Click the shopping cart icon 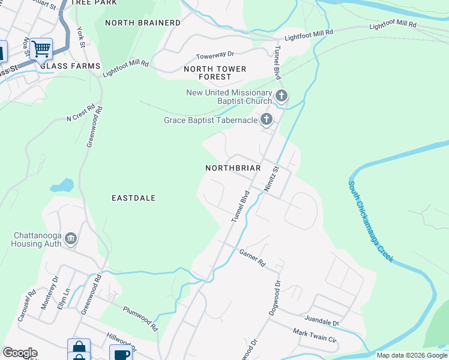point(41,48)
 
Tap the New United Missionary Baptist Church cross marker point(281,95)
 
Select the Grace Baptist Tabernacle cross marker point(267,120)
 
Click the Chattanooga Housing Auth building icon point(71,239)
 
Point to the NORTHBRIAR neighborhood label point(233,169)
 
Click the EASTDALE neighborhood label point(134,198)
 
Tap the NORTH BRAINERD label point(142,23)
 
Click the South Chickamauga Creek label point(370,221)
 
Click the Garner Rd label point(252,258)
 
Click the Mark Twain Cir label point(315,334)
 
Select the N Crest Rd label point(81,113)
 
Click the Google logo point(20,353)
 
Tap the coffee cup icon point(121,353)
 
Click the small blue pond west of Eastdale point(62,185)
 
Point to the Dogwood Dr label point(277,293)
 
